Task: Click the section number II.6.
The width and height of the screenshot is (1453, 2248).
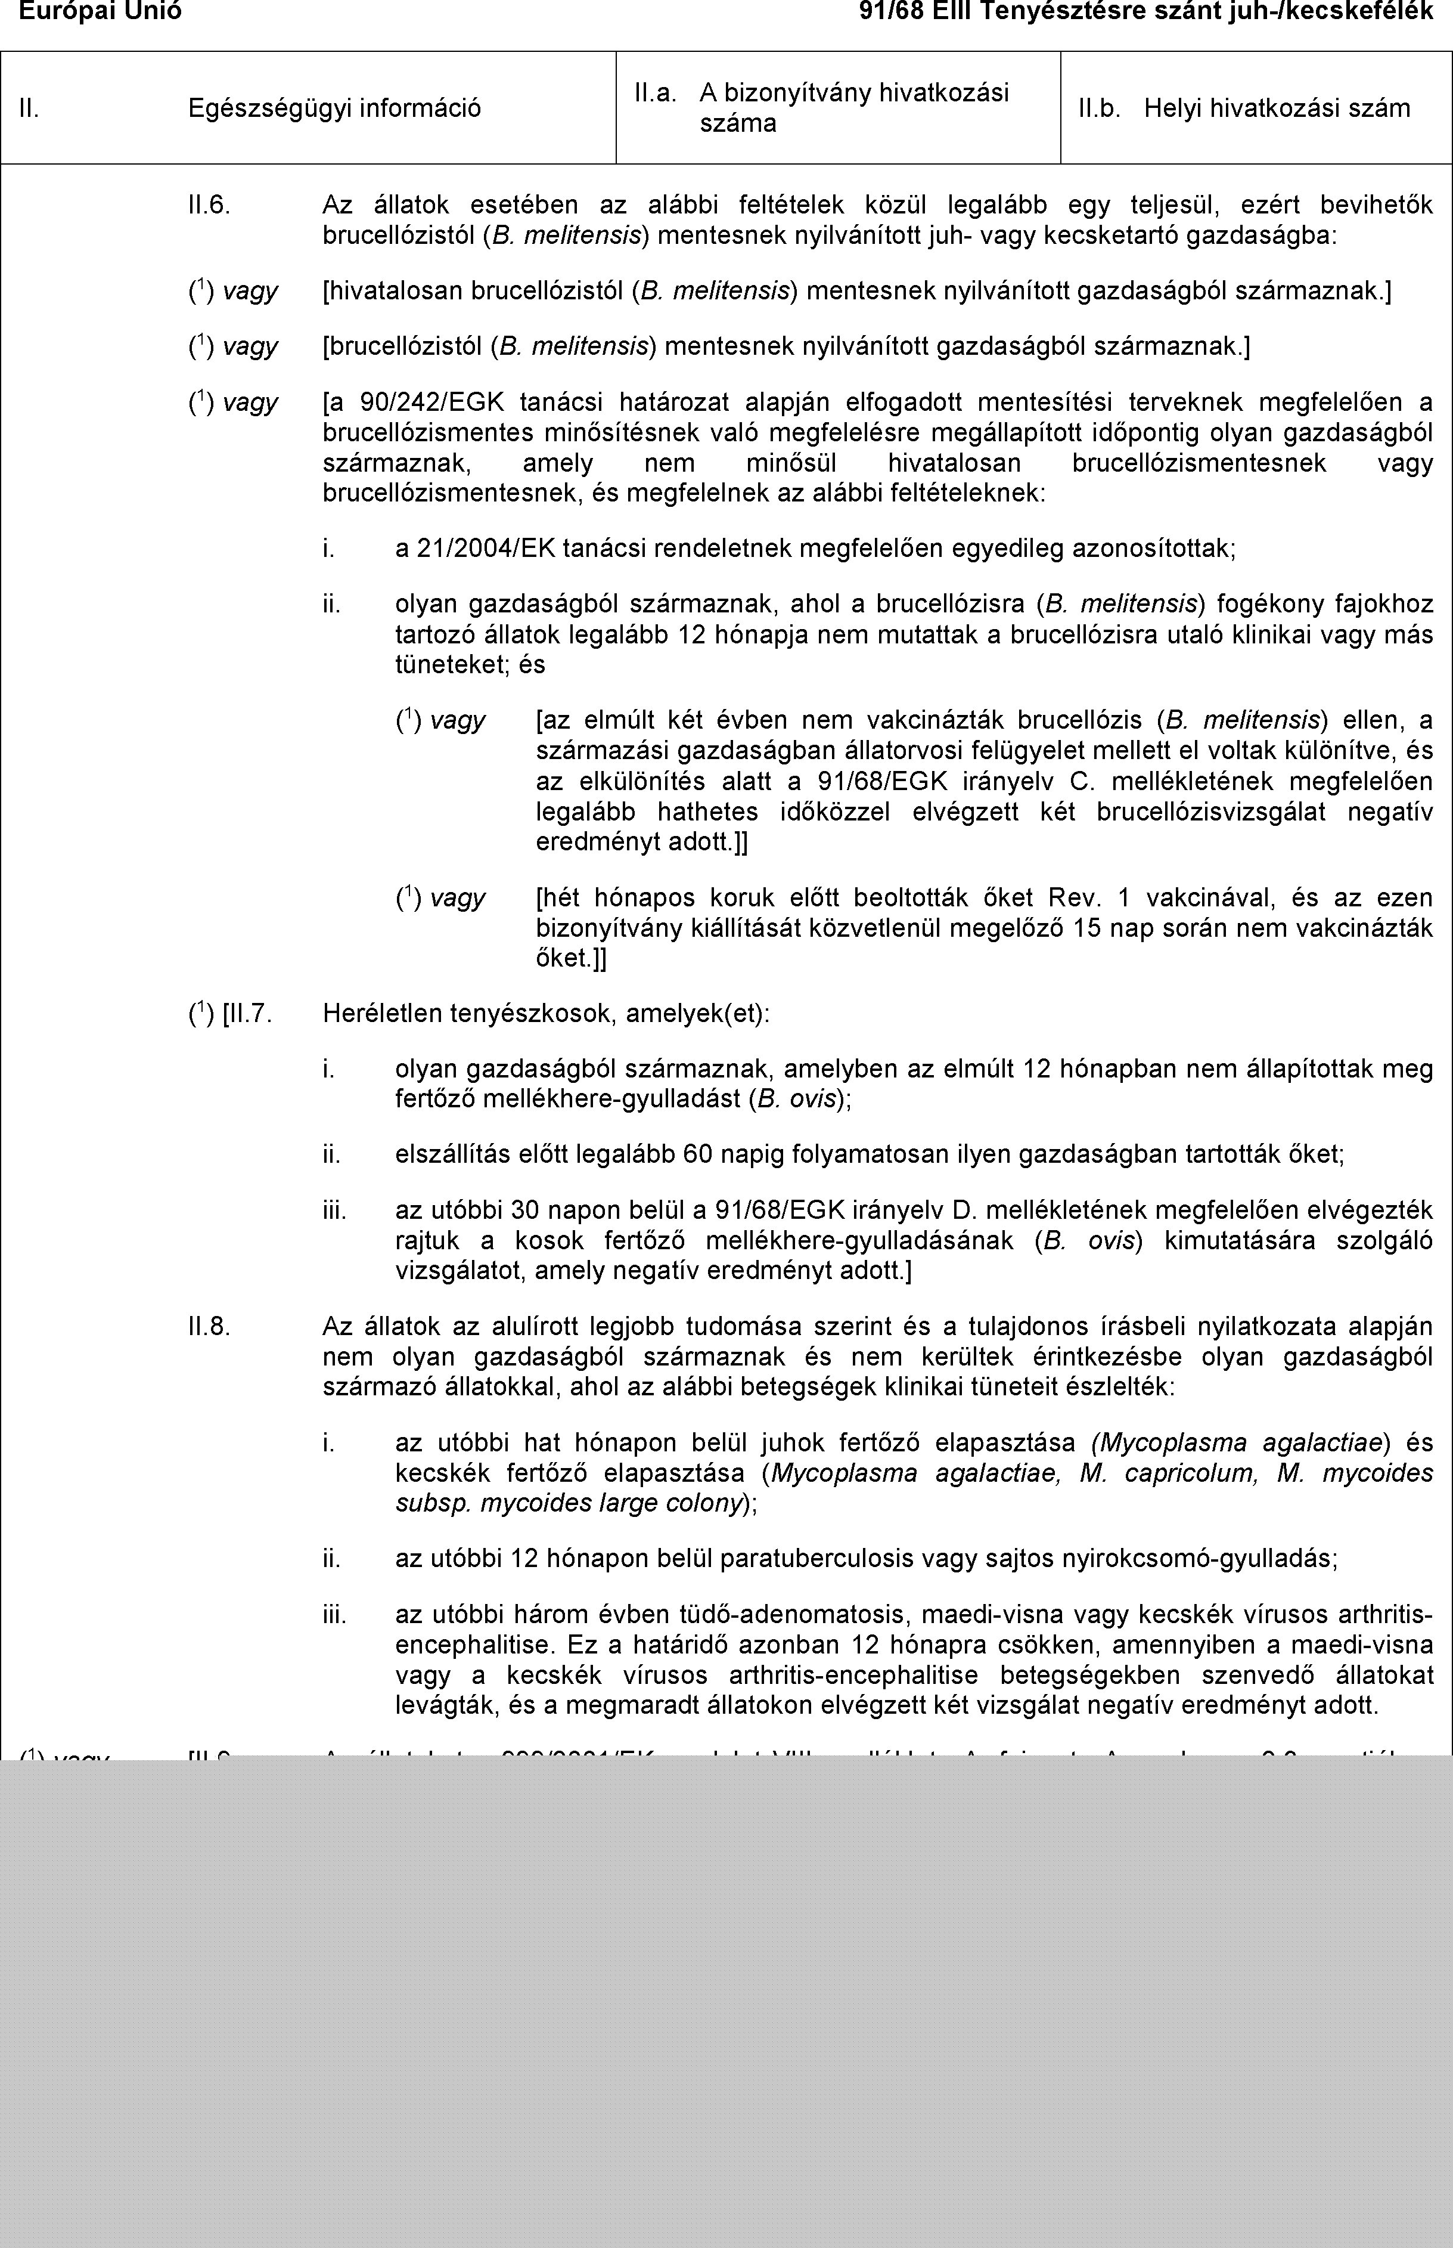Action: click(209, 204)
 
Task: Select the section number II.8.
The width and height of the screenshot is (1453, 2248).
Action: click(209, 1327)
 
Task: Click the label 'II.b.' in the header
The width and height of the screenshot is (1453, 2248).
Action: click(1099, 107)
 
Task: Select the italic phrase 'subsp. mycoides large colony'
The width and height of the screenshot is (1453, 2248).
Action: click(566, 1503)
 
